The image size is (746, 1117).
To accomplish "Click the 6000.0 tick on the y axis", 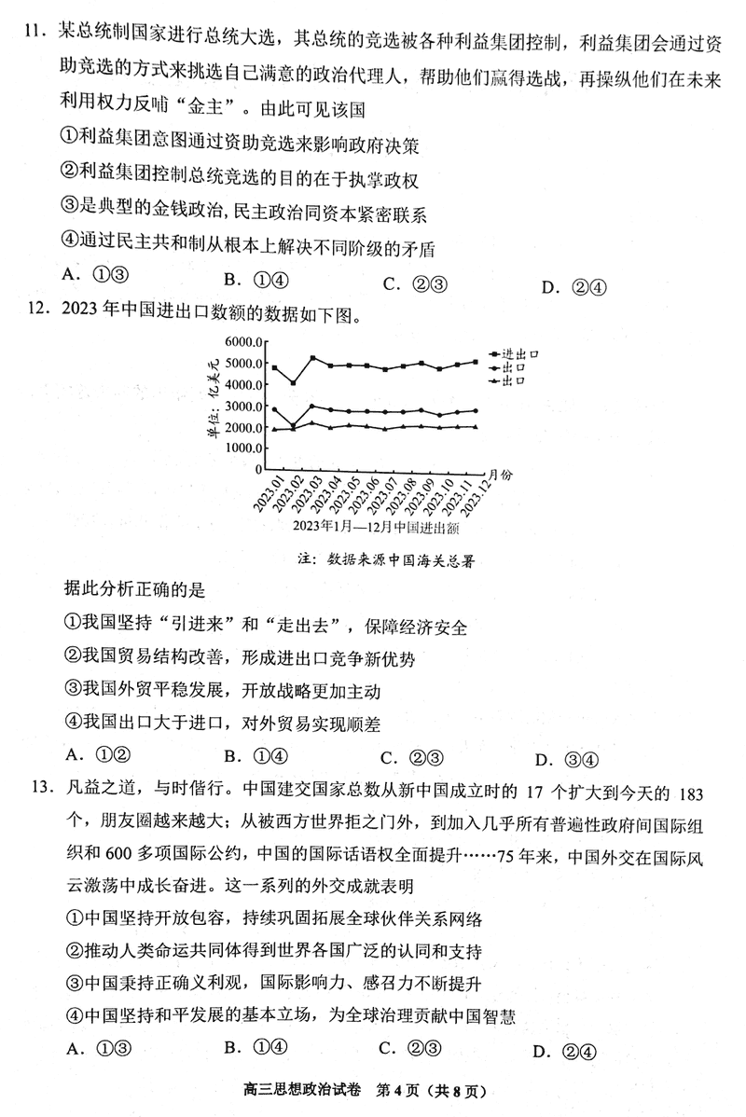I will click(x=242, y=341).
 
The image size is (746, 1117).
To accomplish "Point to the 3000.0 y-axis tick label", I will click(x=242, y=407).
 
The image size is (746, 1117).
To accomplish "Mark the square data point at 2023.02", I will click(x=293, y=383).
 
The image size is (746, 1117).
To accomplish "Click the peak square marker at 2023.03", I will click(x=312, y=358).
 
